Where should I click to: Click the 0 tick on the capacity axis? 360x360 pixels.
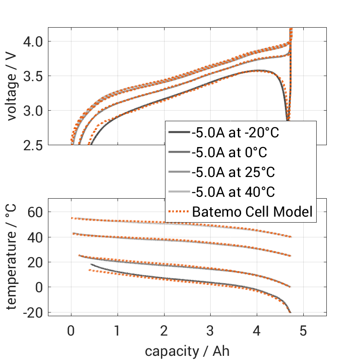pos(71,331)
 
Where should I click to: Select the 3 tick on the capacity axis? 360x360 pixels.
pos(210,331)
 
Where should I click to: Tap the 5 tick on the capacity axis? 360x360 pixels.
pos(303,331)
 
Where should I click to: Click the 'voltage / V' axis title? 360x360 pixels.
pos(12,87)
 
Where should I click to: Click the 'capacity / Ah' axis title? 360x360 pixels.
pos(187,351)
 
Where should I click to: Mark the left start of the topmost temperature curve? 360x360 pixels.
pos(71,218)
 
